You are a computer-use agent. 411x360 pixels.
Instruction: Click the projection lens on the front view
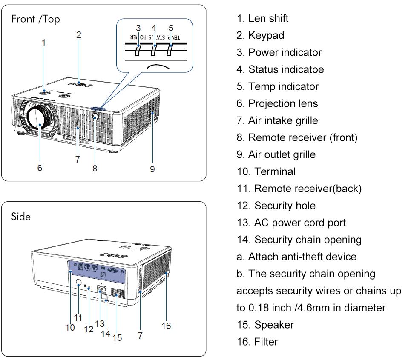point(39,120)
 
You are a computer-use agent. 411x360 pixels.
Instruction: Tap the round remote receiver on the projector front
point(95,116)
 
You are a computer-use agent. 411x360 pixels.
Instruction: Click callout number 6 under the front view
point(40,169)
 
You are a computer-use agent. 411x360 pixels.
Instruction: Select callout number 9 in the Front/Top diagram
point(152,169)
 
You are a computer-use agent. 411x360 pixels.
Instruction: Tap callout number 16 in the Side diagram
point(166,326)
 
